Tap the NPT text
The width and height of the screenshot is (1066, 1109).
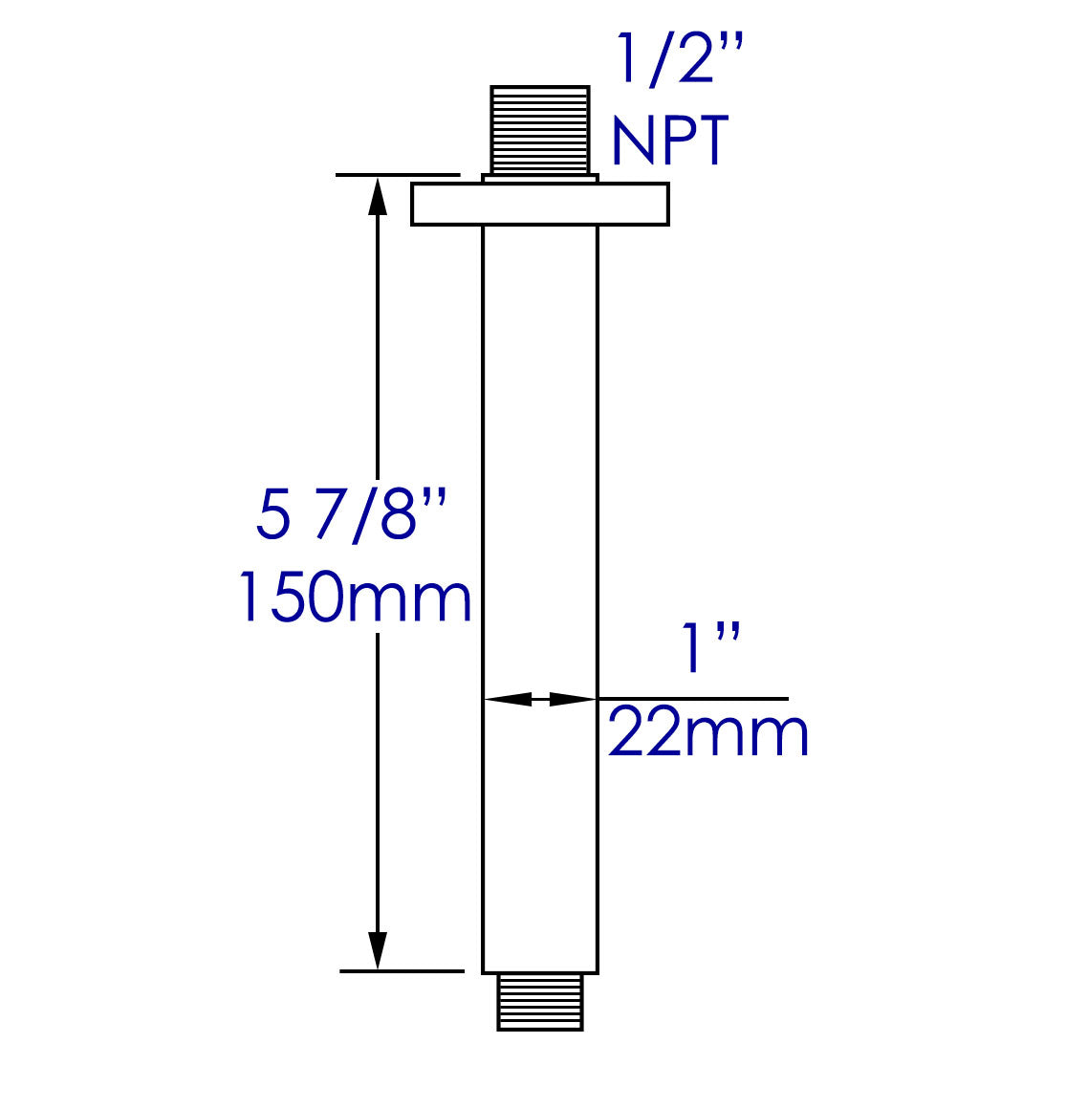[669, 141]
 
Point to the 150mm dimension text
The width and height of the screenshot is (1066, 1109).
[354, 598]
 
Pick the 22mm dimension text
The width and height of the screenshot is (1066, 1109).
[708, 734]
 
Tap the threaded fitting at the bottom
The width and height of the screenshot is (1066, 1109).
[540, 1001]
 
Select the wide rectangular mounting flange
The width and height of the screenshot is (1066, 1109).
[539, 205]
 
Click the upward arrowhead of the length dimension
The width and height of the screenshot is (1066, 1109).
[378, 197]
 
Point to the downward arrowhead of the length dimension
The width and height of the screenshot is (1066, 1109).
[378, 948]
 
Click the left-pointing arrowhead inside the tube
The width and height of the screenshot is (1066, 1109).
[507, 700]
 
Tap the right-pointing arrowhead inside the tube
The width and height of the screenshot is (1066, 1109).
[574, 700]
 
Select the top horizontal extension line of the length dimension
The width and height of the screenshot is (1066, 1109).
[398, 175]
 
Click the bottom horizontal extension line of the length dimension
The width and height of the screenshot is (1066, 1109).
[402, 970]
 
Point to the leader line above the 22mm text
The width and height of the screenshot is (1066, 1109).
[693, 699]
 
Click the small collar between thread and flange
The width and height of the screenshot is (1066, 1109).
[540, 179]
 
